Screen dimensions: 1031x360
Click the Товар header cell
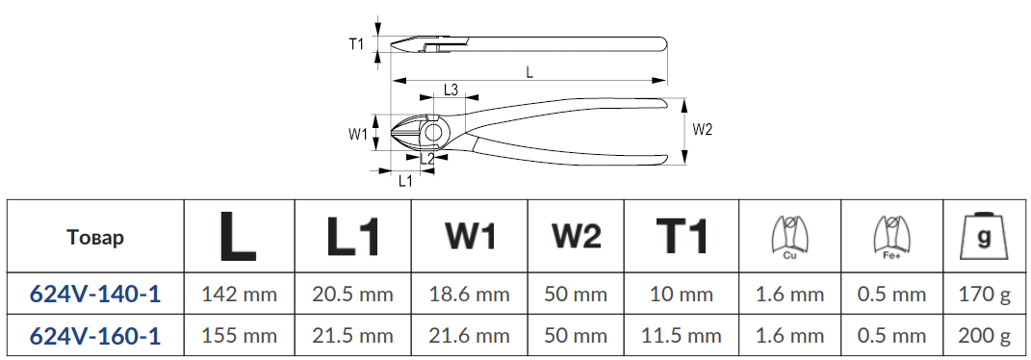[x=95, y=237]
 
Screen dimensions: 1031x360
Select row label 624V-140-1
[x=95, y=295]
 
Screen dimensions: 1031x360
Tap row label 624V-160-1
[x=95, y=336]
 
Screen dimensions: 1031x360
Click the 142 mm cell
[x=239, y=295]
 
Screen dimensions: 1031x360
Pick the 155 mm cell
[x=239, y=336]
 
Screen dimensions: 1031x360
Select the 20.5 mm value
[x=353, y=295]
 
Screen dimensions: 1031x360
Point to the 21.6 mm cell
[x=470, y=336]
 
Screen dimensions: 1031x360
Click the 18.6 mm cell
[x=470, y=295]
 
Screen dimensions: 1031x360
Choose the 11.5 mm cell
[x=682, y=336]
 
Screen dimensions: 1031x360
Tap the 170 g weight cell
[x=984, y=295]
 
